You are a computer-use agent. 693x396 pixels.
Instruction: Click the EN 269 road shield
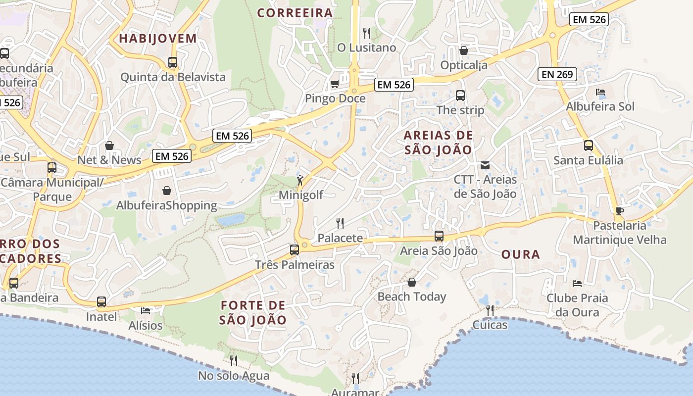tap(557, 74)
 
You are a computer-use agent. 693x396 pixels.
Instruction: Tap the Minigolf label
tap(300, 195)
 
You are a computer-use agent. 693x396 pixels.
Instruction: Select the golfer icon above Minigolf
tap(299, 180)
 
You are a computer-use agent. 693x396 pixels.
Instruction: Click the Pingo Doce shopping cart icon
tap(335, 84)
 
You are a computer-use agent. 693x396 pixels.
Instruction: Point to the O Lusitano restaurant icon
tap(366, 33)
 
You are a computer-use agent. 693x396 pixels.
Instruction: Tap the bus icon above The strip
tap(460, 95)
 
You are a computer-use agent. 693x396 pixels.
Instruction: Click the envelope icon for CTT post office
tap(485, 165)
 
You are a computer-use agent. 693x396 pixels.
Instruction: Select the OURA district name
tap(520, 254)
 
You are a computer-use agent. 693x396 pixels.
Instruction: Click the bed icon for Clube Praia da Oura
tap(577, 283)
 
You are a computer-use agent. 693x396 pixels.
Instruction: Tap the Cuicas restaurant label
tap(490, 325)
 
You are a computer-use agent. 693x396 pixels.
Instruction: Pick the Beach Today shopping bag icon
tap(411, 282)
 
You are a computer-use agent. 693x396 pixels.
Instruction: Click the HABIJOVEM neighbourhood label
tap(158, 39)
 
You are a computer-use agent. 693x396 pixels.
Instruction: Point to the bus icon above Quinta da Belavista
tap(172, 62)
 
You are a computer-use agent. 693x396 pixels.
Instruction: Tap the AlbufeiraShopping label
tap(166, 205)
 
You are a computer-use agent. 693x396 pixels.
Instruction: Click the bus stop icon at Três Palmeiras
tap(294, 250)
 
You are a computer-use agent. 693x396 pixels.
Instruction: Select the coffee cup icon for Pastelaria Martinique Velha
tap(619, 211)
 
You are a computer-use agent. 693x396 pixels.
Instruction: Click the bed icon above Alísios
tap(145, 310)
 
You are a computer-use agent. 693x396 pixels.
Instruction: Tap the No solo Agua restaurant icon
tap(233, 361)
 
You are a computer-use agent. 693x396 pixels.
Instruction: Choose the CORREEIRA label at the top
tap(295, 13)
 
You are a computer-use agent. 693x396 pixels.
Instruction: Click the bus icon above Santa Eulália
tap(588, 146)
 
